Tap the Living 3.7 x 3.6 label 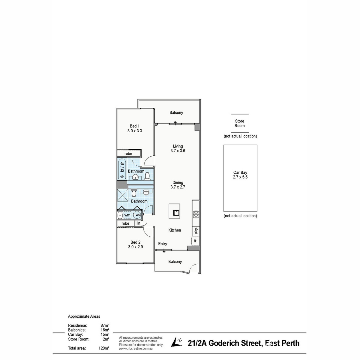178,148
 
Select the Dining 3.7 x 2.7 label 178,184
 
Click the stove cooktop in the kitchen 196,214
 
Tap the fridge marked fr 195,241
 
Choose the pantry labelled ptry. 196,231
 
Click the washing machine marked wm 127,215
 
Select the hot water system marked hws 136,215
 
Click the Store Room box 240,123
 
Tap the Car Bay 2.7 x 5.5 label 240,175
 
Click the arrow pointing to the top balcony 175,123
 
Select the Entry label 163,244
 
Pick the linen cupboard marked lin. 139,223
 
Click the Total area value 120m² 104,348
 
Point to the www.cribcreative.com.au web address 136,348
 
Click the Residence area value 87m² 105,325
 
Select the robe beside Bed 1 128,153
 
